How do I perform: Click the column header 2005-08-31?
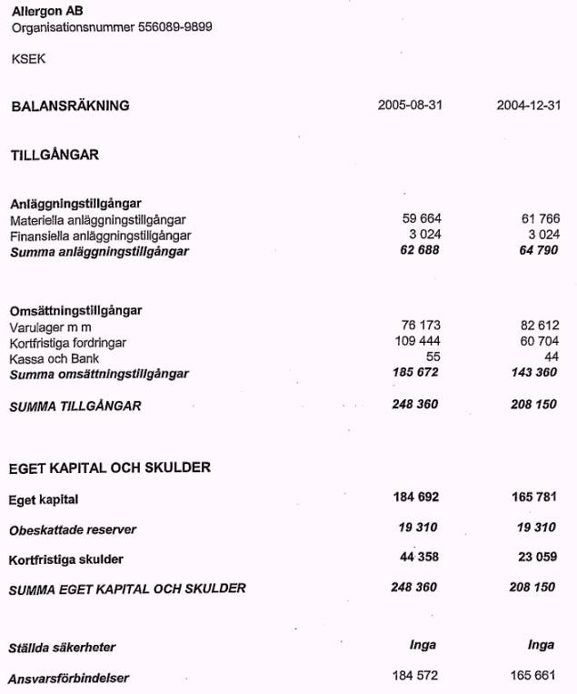[410, 106]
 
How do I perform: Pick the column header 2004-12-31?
[528, 106]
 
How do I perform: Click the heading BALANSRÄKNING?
[70, 106]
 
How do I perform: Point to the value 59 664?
[421, 219]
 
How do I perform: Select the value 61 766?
[540, 219]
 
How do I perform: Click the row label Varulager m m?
[50, 327]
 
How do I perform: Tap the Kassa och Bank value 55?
[433, 357]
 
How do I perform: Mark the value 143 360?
[534, 373]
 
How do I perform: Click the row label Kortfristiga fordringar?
[68, 343]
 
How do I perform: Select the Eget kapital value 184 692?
[414, 498]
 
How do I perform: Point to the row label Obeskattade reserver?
[73, 529]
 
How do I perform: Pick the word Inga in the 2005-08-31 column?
[423, 645]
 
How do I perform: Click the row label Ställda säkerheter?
[62, 648]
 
